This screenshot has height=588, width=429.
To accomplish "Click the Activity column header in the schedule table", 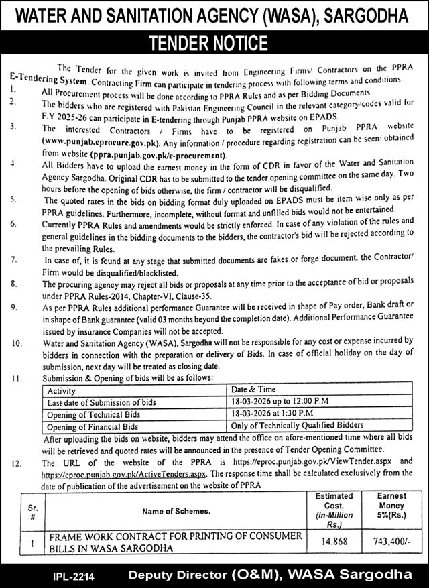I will pos(62,389).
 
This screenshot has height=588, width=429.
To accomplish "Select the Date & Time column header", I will pos(254,389).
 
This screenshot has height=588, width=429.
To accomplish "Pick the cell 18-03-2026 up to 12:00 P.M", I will pos(278,401).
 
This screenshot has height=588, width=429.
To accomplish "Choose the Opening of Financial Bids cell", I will pos(93,425).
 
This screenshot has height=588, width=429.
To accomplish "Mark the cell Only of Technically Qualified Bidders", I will pos(297,425).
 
